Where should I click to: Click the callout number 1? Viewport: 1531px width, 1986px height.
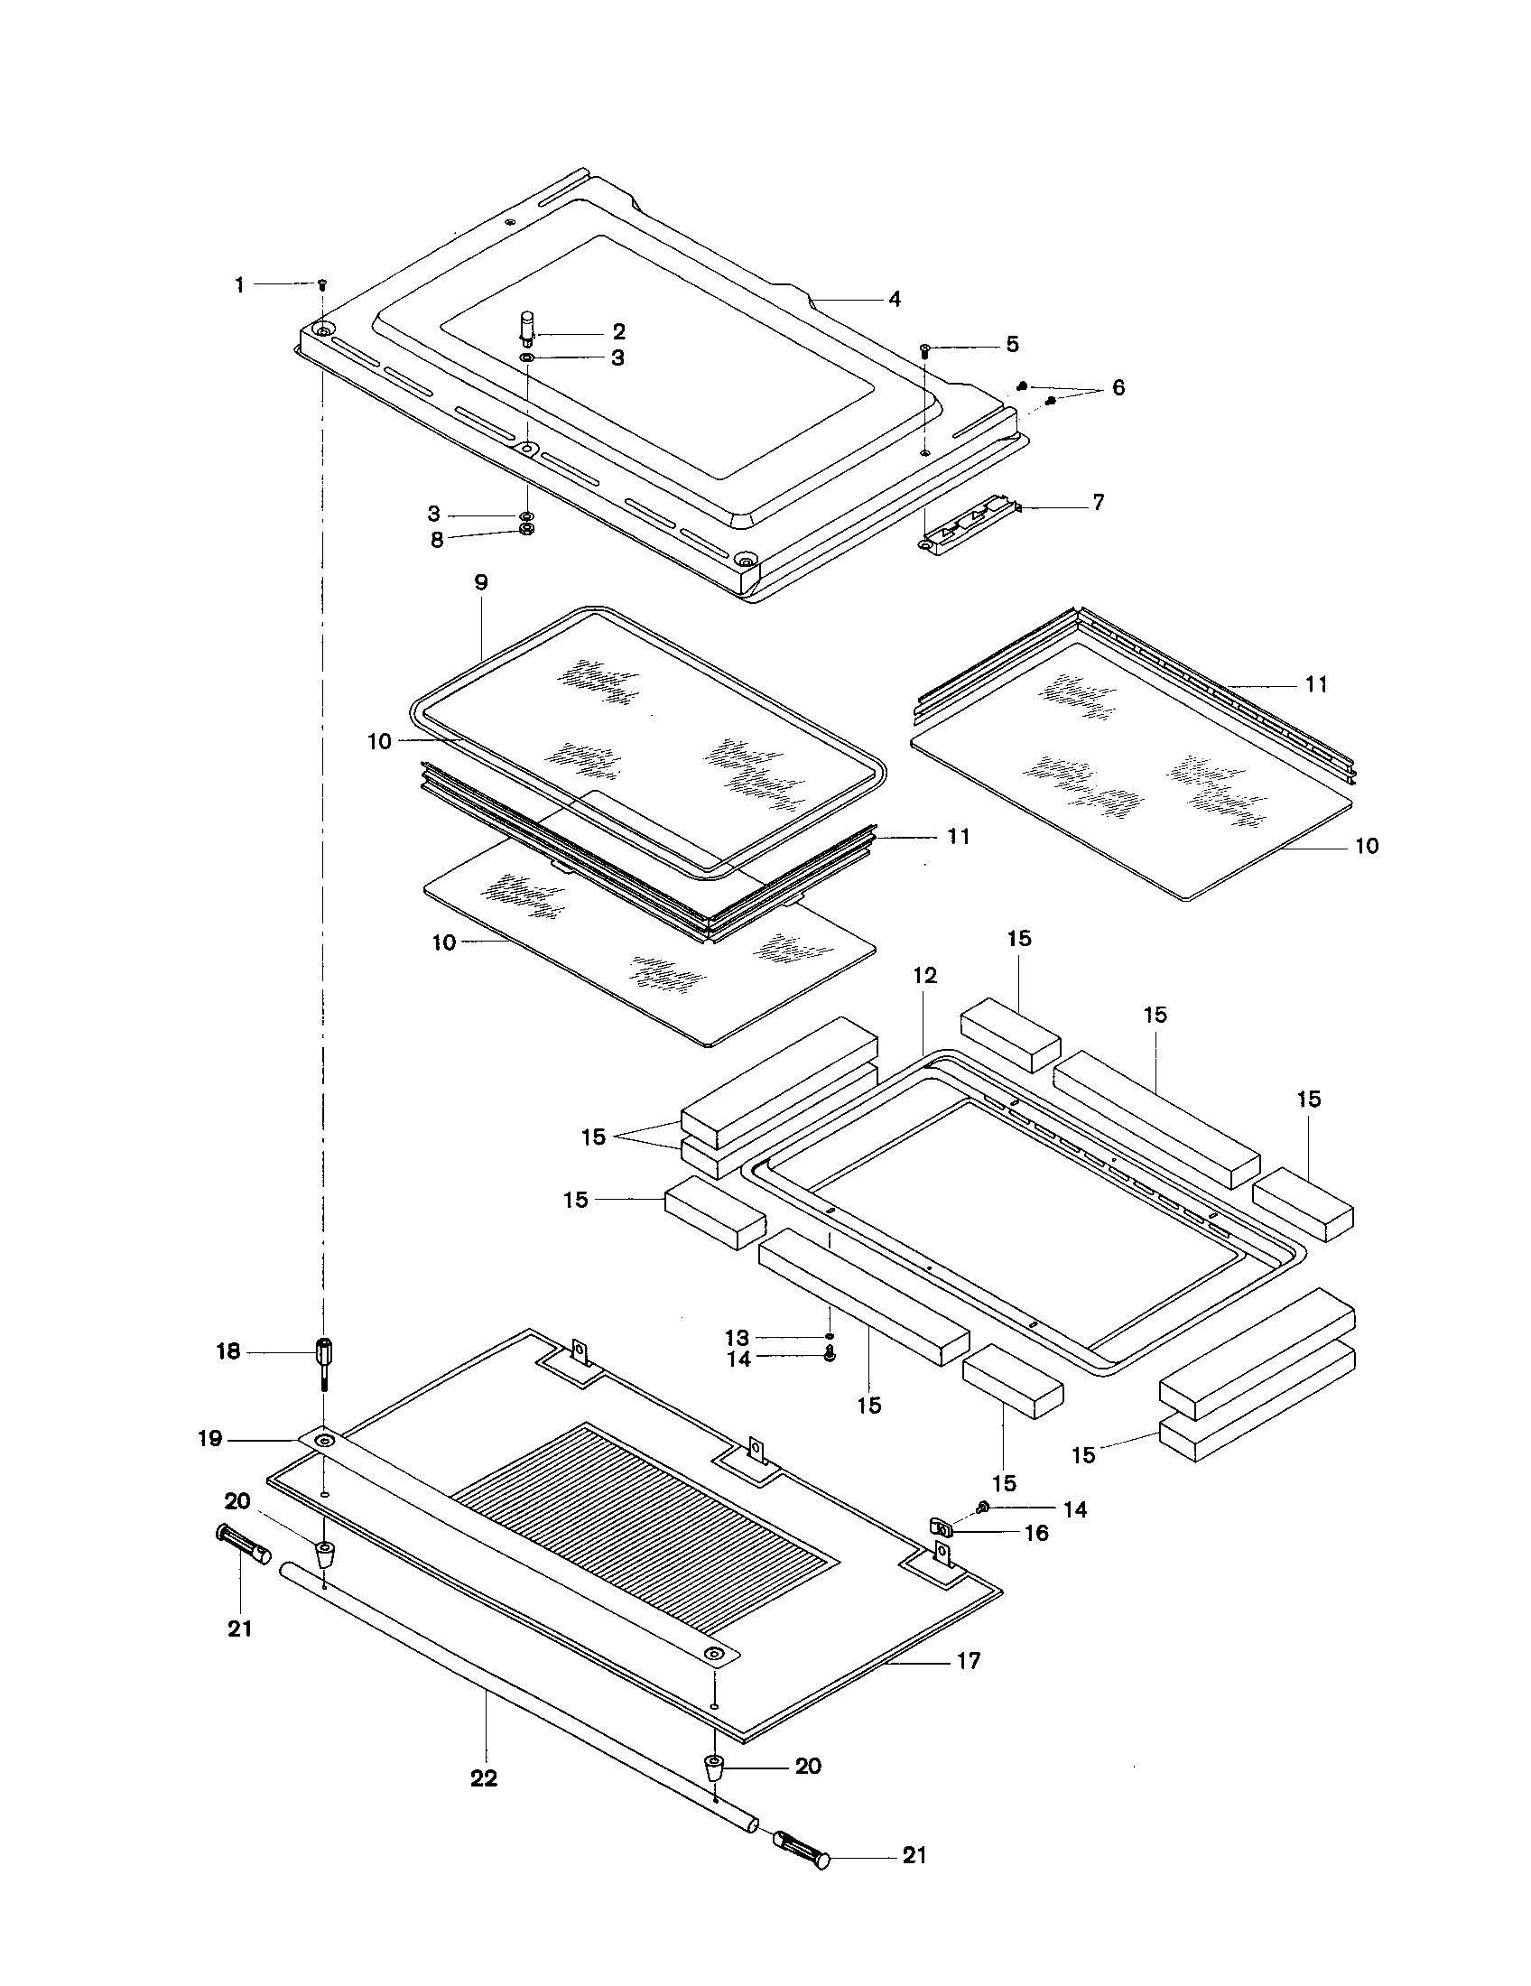pyautogui.click(x=239, y=285)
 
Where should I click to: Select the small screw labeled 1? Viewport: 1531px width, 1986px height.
pyautogui.click(x=322, y=284)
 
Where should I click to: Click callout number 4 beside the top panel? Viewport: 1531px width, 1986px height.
pyautogui.click(x=895, y=299)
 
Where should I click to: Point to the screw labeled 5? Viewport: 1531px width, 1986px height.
pyautogui.click(x=924, y=349)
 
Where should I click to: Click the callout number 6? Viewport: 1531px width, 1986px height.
pyautogui.click(x=1118, y=388)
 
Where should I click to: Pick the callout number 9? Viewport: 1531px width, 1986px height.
pyautogui.click(x=481, y=582)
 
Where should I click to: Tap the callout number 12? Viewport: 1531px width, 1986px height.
pyautogui.click(x=925, y=976)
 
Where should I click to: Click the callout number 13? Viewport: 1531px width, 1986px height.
pyautogui.click(x=737, y=1338)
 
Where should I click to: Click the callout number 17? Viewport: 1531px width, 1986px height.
pyautogui.click(x=970, y=1661)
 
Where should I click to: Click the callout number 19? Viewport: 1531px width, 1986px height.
pyautogui.click(x=210, y=1439)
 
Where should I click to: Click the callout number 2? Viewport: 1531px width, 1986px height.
pyautogui.click(x=618, y=332)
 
